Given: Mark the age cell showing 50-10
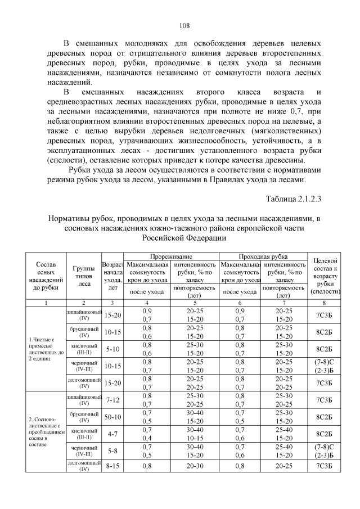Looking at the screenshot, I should tap(112, 417).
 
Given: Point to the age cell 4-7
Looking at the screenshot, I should tap(112, 434).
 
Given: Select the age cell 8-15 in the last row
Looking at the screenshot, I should tap(112, 466).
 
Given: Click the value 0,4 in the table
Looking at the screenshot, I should tap(147, 438).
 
